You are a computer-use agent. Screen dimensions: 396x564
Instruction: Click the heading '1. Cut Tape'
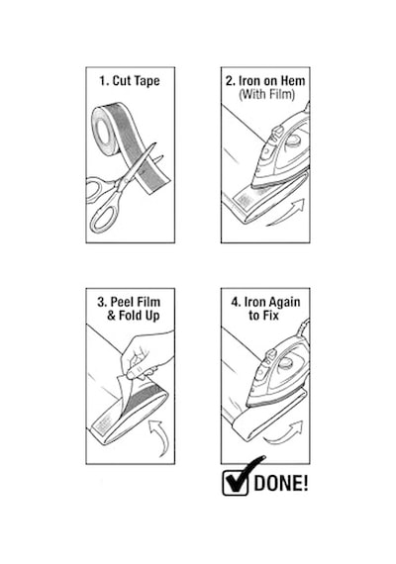[x=130, y=81]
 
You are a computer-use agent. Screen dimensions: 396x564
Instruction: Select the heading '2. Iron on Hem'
[x=265, y=80]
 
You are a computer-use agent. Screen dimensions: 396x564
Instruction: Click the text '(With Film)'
[x=266, y=94]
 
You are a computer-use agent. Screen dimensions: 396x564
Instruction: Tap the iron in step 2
[x=281, y=151]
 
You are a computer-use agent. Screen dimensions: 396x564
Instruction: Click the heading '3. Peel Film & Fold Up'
[x=130, y=309]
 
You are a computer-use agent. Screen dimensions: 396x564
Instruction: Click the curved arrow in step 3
[x=161, y=436]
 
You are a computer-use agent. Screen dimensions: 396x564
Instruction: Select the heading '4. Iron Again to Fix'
[x=265, y=309]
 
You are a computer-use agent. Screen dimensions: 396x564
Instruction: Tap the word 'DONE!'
[x=281, y=483]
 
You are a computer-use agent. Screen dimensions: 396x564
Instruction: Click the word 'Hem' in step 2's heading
[x=293, y=80]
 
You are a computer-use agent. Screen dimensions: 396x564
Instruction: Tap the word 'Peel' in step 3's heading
[x=121, y=302]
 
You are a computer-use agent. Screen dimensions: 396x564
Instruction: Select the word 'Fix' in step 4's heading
[x=271, y=316]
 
